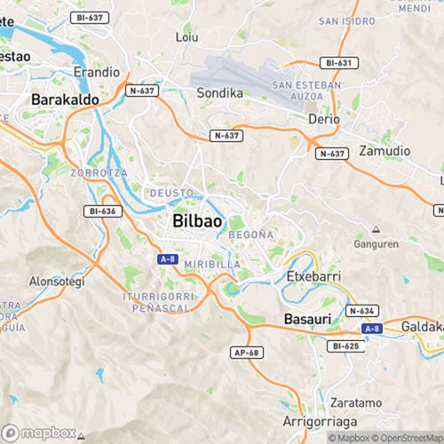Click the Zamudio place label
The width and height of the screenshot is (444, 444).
click(x=383, y=152)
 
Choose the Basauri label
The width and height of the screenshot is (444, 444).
click(x=306, y=318)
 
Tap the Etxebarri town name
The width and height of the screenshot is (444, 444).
click(x=313, y=276)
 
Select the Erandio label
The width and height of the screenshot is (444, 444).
click(x=97, y=71)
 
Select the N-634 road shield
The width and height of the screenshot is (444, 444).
click(x=361, y=311)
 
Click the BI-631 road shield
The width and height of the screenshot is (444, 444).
click(x=338, y=63)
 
